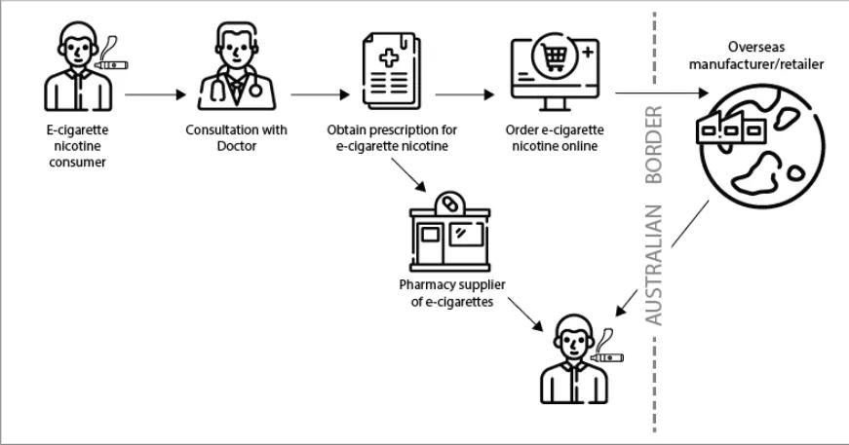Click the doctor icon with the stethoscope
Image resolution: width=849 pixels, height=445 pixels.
[x=237, y=69]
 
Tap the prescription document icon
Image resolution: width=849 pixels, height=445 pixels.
[x=391, y=71]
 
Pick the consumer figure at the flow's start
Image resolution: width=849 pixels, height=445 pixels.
[x=76, y=70]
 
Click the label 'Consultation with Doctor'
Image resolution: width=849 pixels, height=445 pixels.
[x=237, y=137]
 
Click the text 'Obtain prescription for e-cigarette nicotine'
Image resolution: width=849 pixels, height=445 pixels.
[x=392, y=137]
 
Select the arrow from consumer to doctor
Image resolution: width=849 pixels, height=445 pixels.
[x=155, y=95]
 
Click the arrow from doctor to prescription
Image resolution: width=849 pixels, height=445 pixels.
[x=320, y=95]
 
